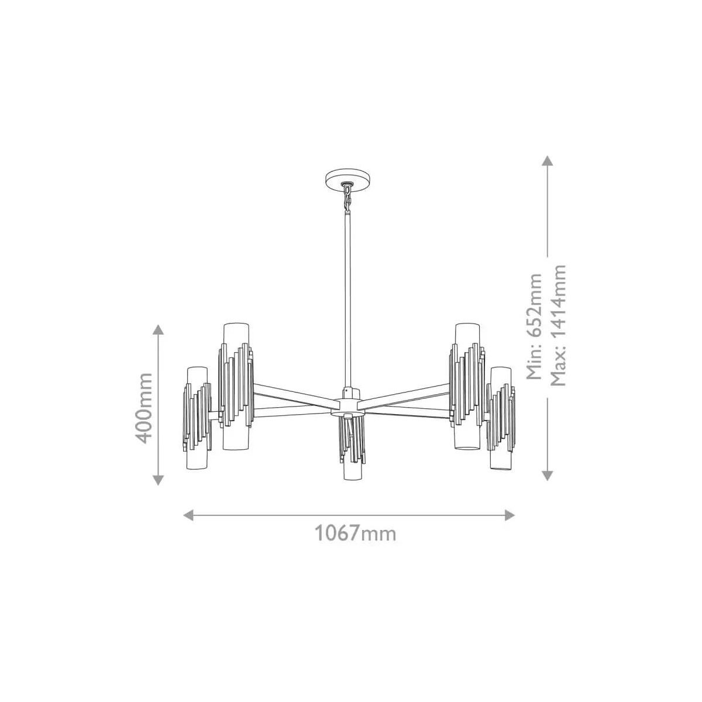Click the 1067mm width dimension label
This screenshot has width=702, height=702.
click(355, 534)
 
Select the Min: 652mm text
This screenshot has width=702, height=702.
click(534, 326)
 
